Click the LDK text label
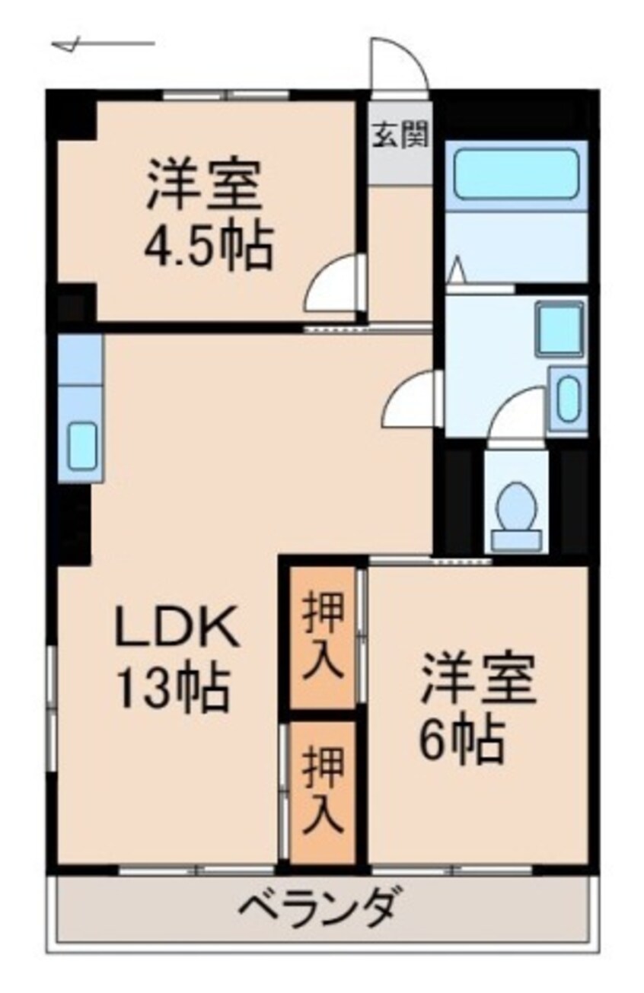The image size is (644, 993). click(x=177, y=629)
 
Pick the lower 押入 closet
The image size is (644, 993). click(x=323, y=791)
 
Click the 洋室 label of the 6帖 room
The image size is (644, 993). click(x=480, y=679)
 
